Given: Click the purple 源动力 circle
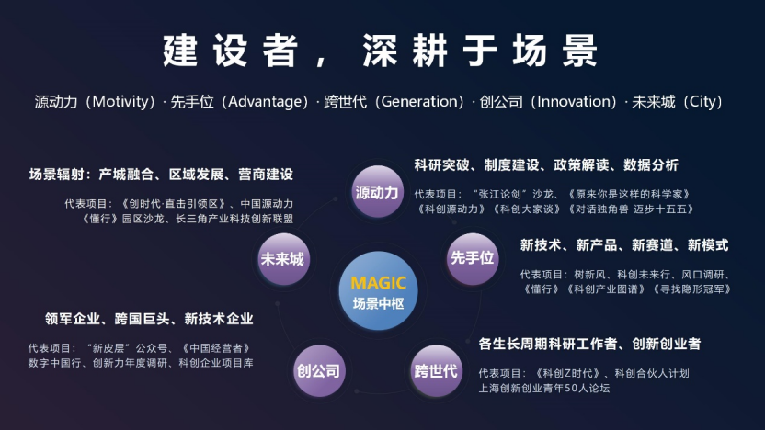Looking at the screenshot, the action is [377, 192].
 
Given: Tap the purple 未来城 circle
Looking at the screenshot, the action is [283, 259].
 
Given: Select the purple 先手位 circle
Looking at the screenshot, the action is [473, 258].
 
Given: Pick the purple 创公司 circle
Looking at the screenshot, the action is [319, 370].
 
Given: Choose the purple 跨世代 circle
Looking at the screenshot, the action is [436, 370].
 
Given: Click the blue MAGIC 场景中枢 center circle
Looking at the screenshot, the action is [379, 291].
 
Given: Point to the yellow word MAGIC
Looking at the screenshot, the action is [379, 283].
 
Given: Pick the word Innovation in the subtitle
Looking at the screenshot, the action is [574, 101].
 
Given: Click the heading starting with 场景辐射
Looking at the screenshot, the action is [161, 174].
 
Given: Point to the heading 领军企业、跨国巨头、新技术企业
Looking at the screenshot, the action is [149, 319].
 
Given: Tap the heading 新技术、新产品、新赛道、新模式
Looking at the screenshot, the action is [624, 244].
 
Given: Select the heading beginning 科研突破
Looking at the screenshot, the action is [546, 164].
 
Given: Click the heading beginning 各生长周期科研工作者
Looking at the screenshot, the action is [589, 344].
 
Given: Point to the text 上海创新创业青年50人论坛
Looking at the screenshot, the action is [544, 388].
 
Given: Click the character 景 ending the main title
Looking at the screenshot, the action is [579, 51].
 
